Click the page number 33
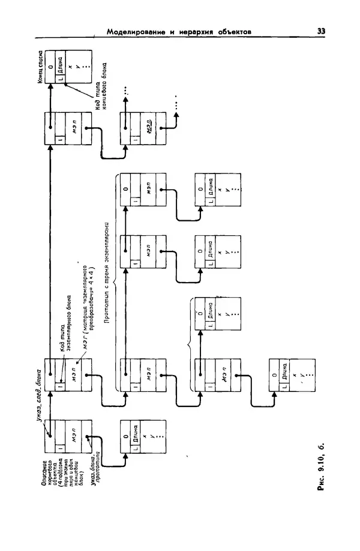(x=321, y=31)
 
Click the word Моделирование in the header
(x=136, y=32)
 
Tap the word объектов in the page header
(x=233, y=32)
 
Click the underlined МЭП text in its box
(x=146, y=127)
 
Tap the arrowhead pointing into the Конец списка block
(x=51, y=86)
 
